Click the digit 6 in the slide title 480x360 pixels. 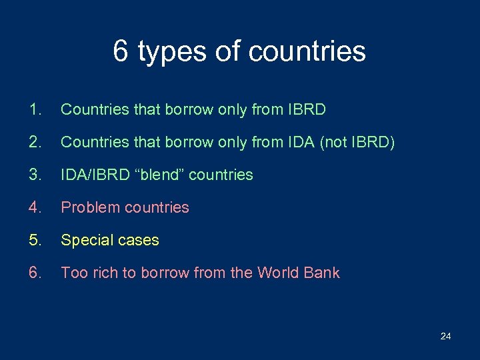[121, 51]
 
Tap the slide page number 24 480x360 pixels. [445, 336]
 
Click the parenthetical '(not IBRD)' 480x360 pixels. [359, 142]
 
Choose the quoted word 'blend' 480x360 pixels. [159, 175]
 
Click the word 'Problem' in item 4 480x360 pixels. [87, 208]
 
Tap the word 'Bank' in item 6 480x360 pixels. [323, 273]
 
